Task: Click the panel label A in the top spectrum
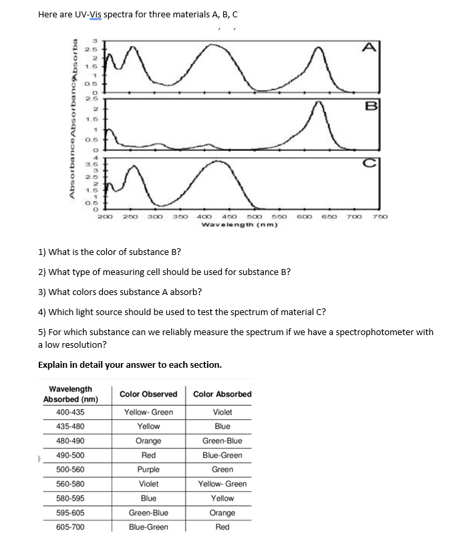[369, 45]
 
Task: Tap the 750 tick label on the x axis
[379, 217]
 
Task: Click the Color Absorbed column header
[222, 394]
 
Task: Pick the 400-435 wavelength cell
[70, 413]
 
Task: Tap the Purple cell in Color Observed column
[148, 470]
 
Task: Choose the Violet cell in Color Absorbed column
[222, 413]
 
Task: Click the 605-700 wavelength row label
[70, 527]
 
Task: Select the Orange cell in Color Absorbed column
[222, 513]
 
